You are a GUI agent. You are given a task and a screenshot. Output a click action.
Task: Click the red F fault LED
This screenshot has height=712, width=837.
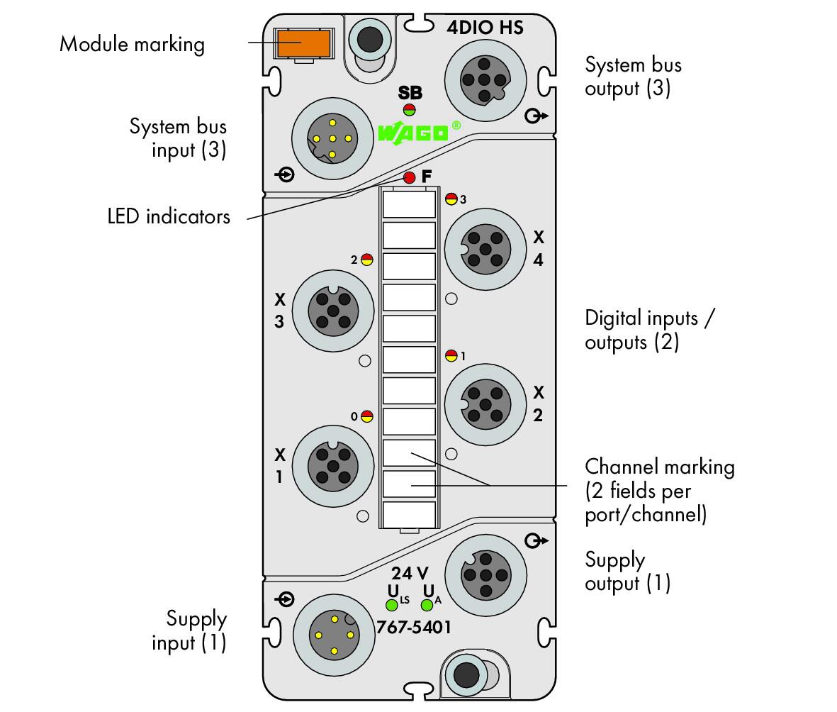point(410,177)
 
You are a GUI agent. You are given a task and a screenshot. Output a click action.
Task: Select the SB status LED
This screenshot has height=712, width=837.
point(410,110)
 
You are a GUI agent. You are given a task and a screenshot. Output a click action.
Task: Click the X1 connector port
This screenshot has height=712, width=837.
point(333,467)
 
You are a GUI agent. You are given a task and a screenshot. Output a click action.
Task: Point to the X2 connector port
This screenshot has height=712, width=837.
point(485,404)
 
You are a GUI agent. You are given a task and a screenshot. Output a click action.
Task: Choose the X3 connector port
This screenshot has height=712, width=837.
point(333,311)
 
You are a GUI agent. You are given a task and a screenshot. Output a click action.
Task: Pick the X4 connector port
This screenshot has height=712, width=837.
point(485,249)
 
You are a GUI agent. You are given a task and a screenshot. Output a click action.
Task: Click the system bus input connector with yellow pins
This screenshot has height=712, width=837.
point(332,138)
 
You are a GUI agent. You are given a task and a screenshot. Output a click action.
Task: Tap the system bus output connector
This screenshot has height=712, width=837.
point(485,80)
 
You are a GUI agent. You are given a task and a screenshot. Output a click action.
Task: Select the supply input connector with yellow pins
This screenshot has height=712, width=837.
point(334,635)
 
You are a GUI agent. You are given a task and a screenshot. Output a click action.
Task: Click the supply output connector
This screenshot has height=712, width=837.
point(485,575)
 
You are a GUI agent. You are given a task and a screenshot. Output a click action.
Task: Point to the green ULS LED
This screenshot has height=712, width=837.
point(392,605)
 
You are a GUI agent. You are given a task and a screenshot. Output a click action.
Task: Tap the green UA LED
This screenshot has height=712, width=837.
point(427,605)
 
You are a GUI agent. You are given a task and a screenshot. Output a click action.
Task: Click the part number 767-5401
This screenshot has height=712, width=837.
point(414,627)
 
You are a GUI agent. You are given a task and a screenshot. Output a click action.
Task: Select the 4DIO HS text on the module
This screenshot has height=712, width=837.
point(485,27)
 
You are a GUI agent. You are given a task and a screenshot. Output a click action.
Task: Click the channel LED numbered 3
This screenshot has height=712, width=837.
point(451,199)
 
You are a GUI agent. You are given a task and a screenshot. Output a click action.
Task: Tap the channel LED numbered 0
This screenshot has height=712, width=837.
point(366,416)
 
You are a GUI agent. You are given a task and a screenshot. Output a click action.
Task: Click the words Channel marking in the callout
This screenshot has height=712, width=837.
point(660,467)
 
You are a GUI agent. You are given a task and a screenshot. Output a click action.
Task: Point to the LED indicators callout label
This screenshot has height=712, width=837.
point(169,216)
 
